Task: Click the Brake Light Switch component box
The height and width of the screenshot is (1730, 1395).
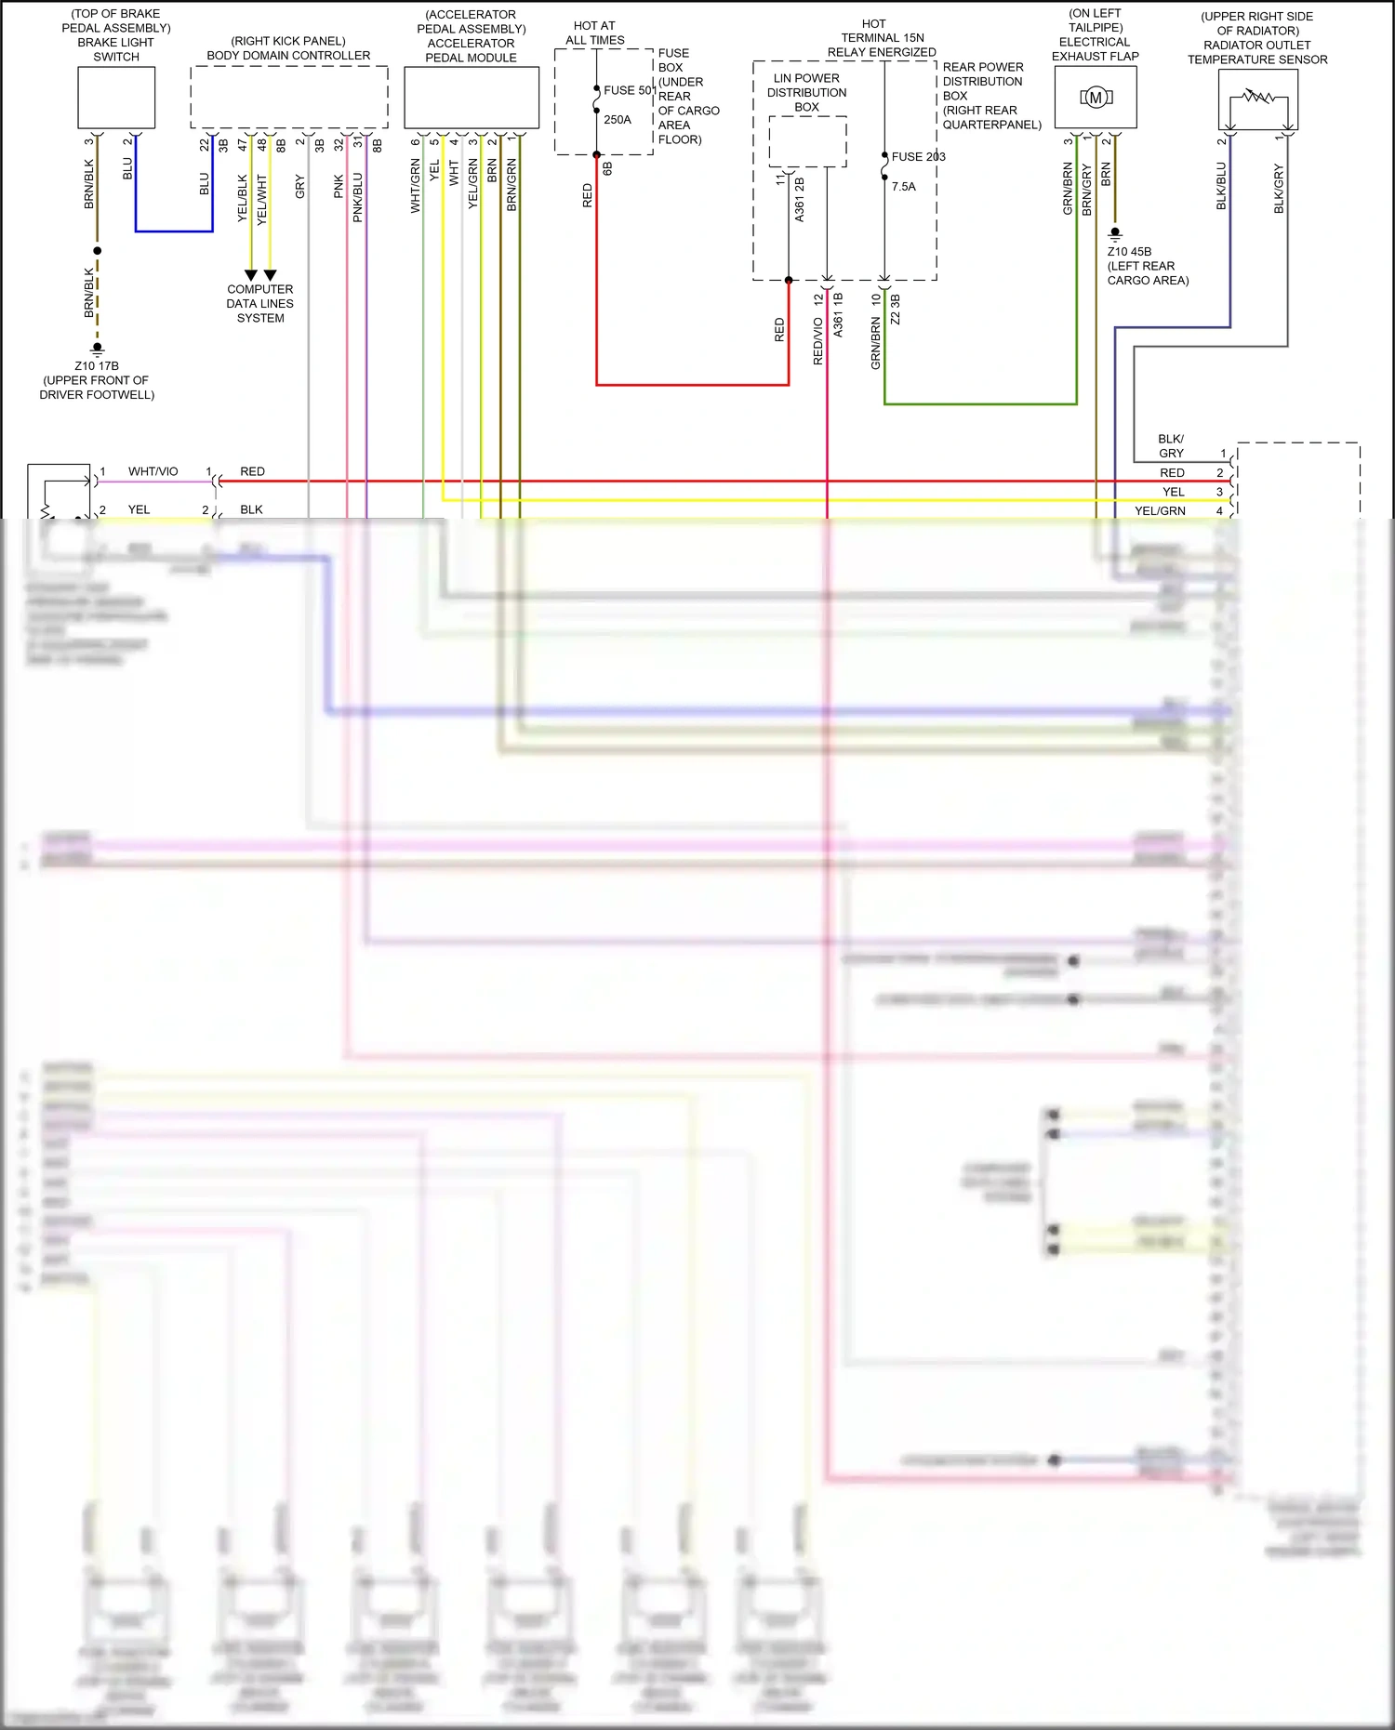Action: tap(116, 98)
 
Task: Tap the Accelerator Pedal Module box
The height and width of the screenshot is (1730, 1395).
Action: tap(471, 98)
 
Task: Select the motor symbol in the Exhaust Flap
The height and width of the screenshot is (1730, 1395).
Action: tap(1096, 98)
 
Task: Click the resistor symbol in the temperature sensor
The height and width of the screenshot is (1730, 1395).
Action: tap(1258, 97)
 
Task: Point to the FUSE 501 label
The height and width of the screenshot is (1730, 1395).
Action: tap(630, 90)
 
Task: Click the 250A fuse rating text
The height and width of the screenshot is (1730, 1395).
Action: tap(618, 120)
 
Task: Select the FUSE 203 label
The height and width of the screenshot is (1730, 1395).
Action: tap(918, 157)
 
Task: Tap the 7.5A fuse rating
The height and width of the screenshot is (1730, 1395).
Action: tap(904, 187)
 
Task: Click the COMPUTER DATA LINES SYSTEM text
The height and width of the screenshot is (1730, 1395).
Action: tap(260, 304)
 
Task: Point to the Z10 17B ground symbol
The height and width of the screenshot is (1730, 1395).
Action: tap(97, 350)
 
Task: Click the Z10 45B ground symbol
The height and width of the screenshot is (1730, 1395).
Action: tap(1115, 234)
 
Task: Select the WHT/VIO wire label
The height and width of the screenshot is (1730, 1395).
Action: tap(153, 472)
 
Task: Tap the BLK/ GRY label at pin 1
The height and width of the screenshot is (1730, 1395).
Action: tap(1171, 446)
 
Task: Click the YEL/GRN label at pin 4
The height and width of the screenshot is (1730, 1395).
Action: tap(1160, 511)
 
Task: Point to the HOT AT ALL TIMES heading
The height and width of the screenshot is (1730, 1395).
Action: tap(595, 33)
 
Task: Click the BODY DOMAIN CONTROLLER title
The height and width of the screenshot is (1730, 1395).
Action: tap(288, 56)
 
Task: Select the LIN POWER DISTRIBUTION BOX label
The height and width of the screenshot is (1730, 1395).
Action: tap(807, 93)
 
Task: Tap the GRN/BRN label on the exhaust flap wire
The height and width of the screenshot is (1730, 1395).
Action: tap(1068, 190)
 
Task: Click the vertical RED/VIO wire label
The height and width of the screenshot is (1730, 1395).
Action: tap(818, 341)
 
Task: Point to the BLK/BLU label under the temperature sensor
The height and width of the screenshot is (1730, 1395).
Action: tap(1222, 186)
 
